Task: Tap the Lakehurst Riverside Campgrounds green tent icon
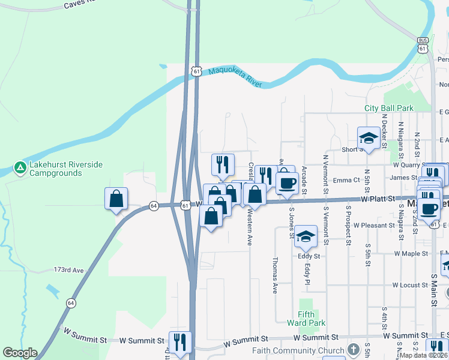[20, 166]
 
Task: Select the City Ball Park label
[389, 108]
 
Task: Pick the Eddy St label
[309, 256]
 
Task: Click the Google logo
[20, 353]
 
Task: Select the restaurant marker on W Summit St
[180, 342]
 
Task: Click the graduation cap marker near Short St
[368, 138]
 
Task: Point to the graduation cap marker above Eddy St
[306, 236]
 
